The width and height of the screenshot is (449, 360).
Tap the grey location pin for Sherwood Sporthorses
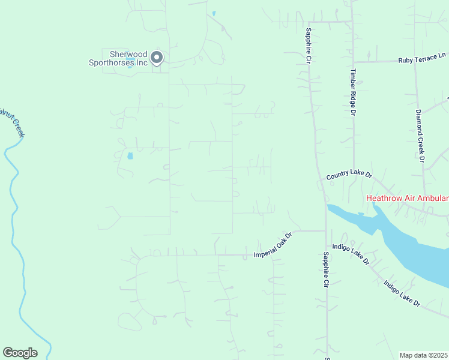(157, 58)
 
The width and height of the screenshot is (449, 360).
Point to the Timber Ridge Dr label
(354, 93)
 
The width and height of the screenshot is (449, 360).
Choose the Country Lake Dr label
(349, 176)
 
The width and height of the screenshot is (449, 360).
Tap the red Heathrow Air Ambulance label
(407, 199)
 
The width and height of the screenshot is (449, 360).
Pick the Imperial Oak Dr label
(273, 245)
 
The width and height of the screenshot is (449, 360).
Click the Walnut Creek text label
(12, 122)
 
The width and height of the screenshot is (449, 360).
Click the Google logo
(20, 353)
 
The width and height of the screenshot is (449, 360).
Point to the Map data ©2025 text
(424, 355)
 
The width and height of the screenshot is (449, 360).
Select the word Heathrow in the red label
(387, 199)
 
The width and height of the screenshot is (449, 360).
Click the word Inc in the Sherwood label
(141, 62)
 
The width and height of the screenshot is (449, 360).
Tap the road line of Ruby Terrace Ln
(375, 62)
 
